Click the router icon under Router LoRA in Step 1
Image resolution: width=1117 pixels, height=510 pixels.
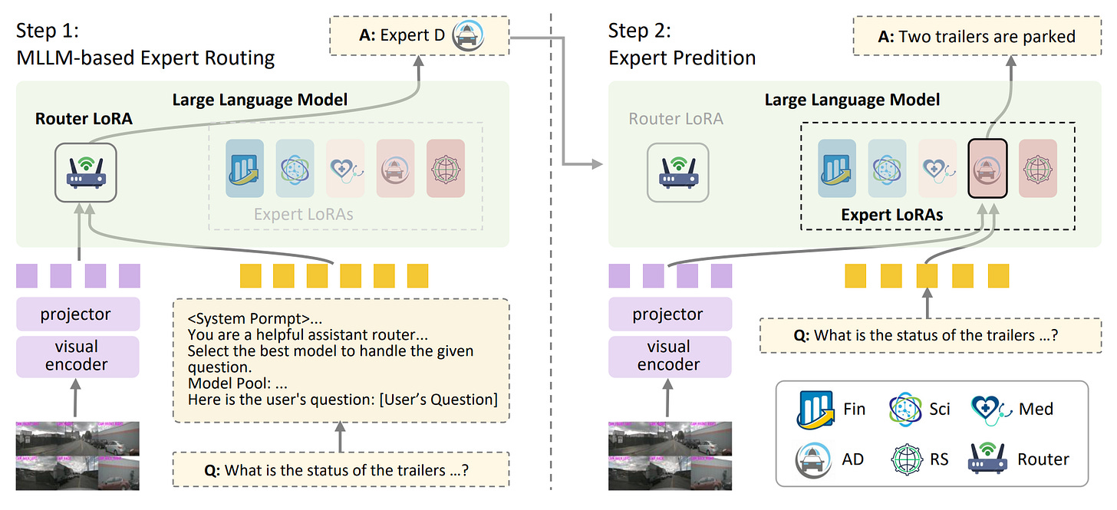86,174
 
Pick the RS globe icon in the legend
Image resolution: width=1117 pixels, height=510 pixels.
908,459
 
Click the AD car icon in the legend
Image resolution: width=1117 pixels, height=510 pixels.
812,459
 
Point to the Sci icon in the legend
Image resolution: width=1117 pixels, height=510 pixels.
907,409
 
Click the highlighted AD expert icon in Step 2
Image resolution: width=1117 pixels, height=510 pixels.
987,168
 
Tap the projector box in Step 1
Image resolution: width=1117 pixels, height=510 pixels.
77,314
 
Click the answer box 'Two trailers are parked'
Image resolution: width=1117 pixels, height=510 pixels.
976,36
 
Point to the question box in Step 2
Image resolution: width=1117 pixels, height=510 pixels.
930,335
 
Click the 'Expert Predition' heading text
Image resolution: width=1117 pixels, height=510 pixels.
682,58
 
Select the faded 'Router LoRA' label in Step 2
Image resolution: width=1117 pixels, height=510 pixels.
676,119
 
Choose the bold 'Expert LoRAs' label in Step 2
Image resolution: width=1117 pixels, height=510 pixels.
891,215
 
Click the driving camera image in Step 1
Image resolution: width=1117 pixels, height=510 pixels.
77,454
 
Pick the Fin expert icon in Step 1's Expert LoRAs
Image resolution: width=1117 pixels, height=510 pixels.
245,167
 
